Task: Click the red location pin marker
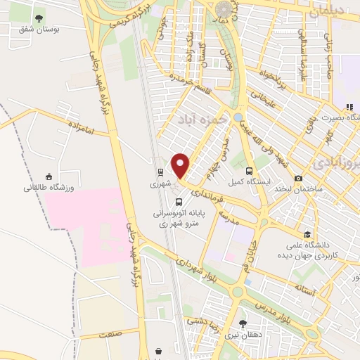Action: pyautogui.click(x=181, y=166)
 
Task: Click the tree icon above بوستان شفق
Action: pyautogui.click(x=38, y=18)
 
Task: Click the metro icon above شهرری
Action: pyautogui.click(x=161, y=172)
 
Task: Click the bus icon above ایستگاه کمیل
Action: pyautogui.click(x=249, y=171)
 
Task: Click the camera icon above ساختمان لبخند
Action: pyautogui.click(x=299, y=179)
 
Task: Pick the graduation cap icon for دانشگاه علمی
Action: pyautogui.click(x=307, y=235)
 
